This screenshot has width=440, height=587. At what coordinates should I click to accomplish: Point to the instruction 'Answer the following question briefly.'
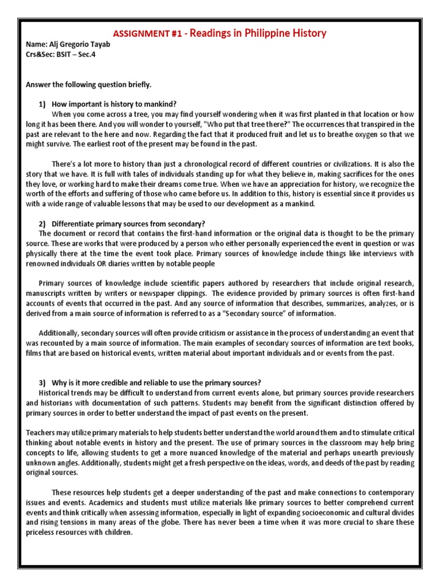pyautogui.click(x=89, y=85)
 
